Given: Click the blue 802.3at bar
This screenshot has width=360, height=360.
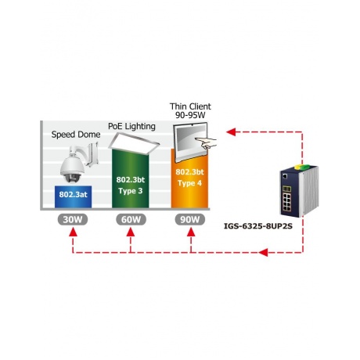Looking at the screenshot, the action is [73, 196].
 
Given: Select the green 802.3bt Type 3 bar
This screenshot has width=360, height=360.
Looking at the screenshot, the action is [130, 178].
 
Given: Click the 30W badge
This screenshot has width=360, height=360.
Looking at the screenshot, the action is [73, 219].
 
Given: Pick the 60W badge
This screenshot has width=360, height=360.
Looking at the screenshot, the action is [131, 219].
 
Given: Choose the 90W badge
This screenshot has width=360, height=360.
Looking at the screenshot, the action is [190, 219].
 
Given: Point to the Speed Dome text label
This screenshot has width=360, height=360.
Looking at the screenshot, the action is [76, 135].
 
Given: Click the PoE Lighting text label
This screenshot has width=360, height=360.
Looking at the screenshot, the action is [131, 127].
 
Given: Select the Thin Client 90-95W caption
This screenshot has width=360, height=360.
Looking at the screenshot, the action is [190, 110].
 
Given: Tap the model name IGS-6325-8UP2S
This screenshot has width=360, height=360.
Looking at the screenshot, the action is [258, 226].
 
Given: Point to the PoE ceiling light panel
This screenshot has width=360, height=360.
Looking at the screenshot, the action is [134, 143].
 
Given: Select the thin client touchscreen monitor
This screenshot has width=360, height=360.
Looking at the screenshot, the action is [190, 142].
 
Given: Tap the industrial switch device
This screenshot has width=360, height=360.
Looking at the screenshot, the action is [299, 190].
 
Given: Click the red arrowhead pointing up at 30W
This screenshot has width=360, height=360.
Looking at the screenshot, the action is [73, 232].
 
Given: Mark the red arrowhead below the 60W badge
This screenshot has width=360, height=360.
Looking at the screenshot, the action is [131, 232].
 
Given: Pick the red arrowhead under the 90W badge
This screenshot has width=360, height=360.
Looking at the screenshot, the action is [191, 232].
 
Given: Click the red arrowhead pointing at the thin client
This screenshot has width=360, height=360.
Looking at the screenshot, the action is [232, 131].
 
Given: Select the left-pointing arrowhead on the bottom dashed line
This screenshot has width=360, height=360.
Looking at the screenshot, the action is [263, 252].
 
